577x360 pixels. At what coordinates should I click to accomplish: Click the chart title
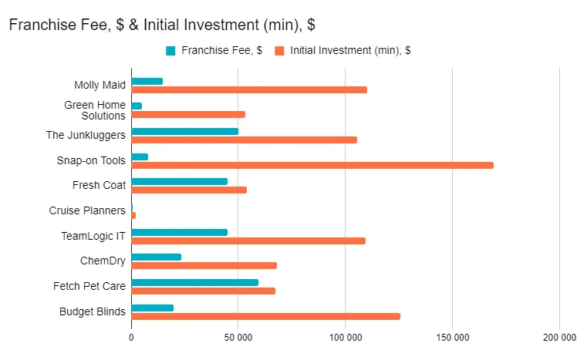(161, 25)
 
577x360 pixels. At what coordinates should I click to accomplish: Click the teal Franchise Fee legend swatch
(171, 51)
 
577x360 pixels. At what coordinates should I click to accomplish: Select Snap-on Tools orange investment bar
(312, 165)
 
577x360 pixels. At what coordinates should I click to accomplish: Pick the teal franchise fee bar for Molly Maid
(147, 81)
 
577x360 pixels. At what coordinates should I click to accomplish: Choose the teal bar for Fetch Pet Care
(194, 282)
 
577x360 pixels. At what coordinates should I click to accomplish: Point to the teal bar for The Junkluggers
(184, 131)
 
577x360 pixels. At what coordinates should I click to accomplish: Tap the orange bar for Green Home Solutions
(188, 114)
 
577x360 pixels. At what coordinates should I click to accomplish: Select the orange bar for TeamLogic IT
(248, 241)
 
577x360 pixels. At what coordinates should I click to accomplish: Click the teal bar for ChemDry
(156, 257)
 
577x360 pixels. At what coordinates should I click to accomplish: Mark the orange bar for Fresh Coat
(189, 190)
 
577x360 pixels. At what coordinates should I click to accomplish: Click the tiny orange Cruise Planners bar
(133, 215)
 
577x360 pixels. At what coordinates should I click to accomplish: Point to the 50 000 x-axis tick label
(238, 338)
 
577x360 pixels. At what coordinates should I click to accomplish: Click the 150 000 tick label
(452, 338)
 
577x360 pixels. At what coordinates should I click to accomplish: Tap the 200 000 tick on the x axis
(558, 338)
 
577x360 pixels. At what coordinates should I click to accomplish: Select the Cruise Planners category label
(86, 210)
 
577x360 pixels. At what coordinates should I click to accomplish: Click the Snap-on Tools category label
(91, 160)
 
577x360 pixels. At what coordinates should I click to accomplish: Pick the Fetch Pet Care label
(89, 286)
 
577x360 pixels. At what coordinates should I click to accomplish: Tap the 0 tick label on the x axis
(131, 338)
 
